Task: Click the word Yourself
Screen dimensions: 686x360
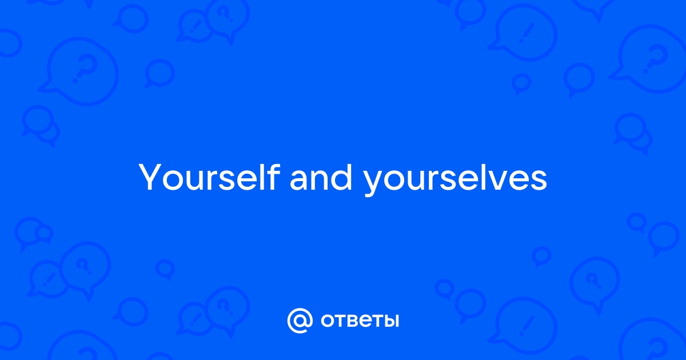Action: [x=209, y=177]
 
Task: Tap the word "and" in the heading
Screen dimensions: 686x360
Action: [x=321, y=178]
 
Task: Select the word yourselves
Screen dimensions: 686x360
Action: [x=455, y=180]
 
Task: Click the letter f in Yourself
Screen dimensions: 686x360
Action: [x=273, y=177]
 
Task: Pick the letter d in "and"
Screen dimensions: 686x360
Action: [x=342, y=178]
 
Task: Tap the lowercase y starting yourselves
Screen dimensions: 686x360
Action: [x=374, y=183]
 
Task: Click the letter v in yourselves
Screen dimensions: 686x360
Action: [x=496, y=181]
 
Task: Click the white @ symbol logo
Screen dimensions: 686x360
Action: [x=300, y=321]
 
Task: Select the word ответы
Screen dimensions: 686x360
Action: [x=360, y=321]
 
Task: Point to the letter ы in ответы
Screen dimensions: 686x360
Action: [x=389, y=321]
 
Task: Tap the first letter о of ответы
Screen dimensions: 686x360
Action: [x=328, y=321]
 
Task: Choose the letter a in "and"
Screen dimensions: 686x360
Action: [x=299, y=181]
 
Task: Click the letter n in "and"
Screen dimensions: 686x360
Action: [x=320, y=181]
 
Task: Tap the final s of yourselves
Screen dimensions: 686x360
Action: [x=539, y=181]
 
